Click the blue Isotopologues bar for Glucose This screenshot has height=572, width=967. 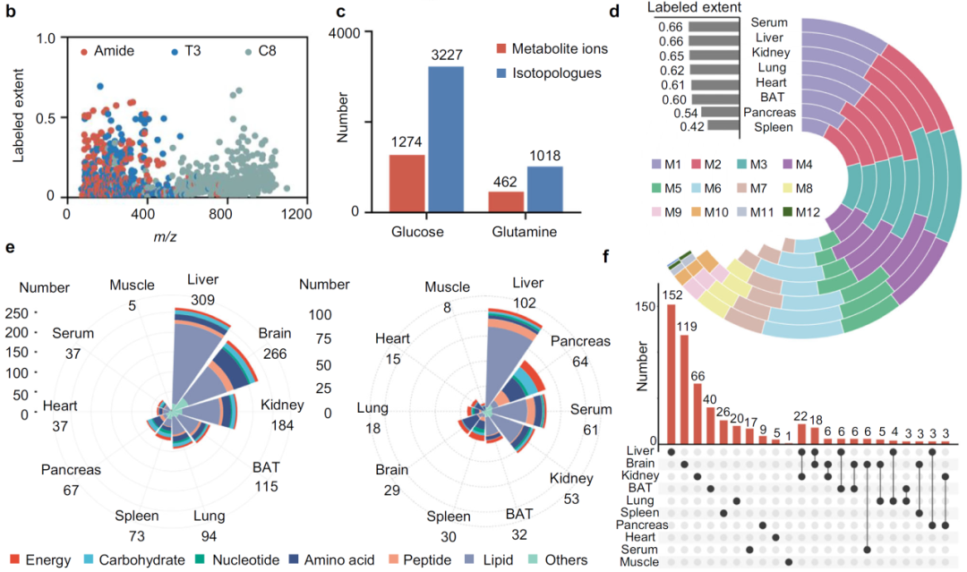click(x=446, y=139)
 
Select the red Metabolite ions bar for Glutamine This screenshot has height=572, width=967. click(x=506, y=201)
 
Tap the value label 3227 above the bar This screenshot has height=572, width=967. click(x=447, y=55)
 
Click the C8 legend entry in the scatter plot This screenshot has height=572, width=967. click(x=261, y=51)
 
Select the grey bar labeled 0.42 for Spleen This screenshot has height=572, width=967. click(x=723, y=125)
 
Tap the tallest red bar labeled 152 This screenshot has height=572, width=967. click(x=671, y=373)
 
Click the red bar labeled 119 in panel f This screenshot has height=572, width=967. click(x=684, y=388)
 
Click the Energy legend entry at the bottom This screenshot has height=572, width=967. click(x=40, y=559)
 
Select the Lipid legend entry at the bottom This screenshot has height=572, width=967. click(x=490, y=559)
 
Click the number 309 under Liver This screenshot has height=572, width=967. click(x=202, y=300)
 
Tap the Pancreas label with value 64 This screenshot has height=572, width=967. click(x=580, y=341)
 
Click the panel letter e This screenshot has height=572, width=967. click(x=10, y=248)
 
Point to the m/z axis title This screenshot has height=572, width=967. click(x=165, y=236)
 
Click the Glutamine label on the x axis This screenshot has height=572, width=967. click(x=524, y=232)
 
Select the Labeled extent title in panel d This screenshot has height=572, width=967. click(x=695, y=7)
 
